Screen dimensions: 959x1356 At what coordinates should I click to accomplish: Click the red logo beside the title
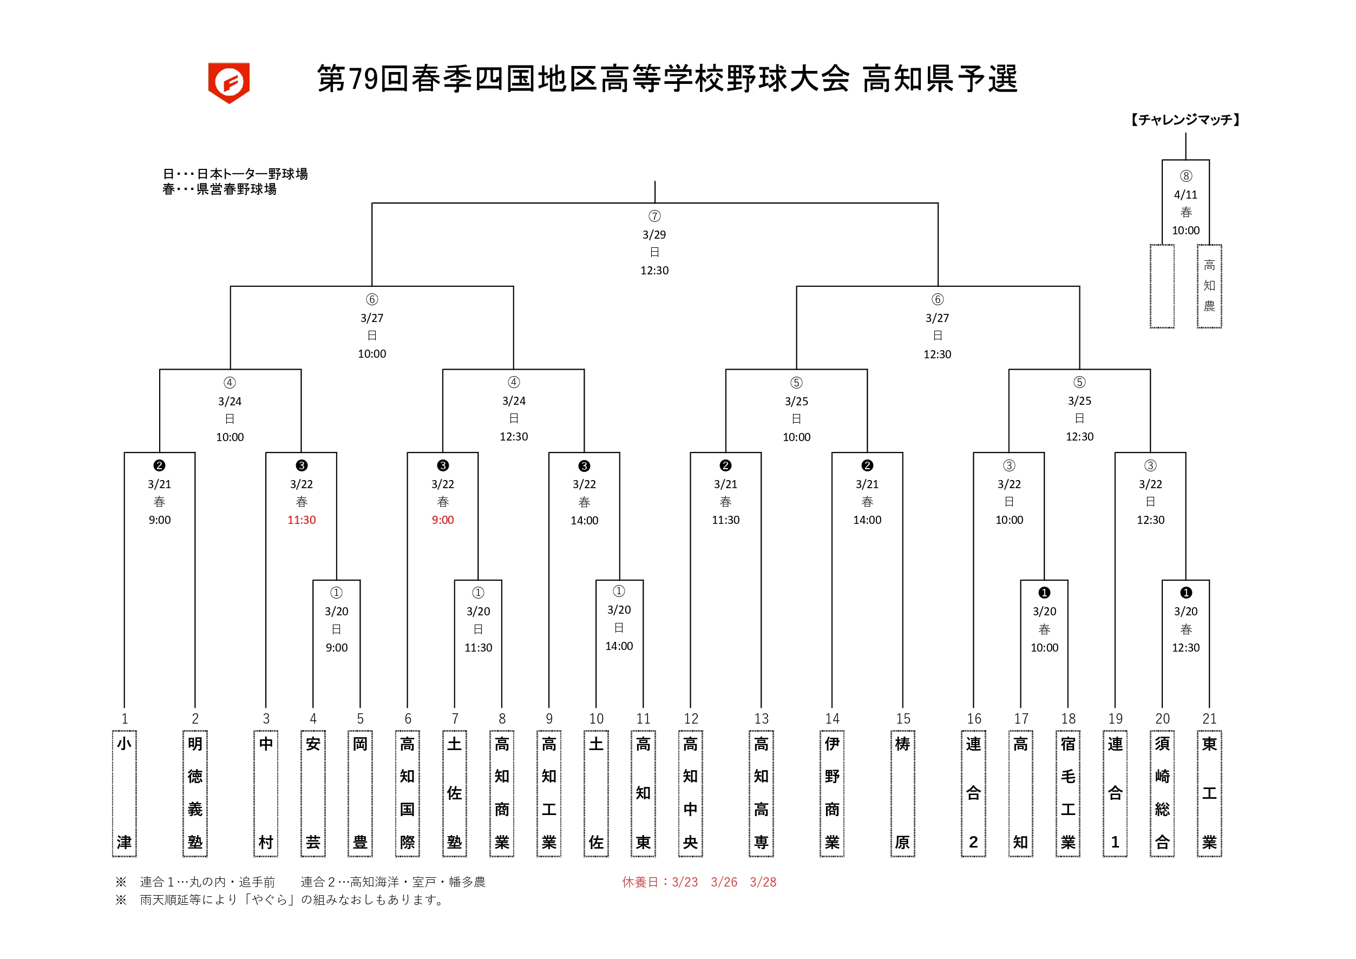click(x=228, y=82)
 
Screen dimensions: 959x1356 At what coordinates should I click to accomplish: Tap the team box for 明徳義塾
click(x=195, y=793)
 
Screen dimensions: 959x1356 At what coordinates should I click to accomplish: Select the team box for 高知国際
click(x=407, y=793)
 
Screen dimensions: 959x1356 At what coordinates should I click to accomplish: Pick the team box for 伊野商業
click(x=831, y=793)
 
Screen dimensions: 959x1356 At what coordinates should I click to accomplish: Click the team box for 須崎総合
click(x=1162, y=793)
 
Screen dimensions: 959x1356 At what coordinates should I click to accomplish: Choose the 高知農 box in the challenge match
click(x=1209, y=286)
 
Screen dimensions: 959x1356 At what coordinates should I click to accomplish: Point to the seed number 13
click(x=761, y=719)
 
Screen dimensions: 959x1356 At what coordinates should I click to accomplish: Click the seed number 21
click(x=1209, y=719)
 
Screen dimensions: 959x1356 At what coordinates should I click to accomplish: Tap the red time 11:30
click(x=301, y=520)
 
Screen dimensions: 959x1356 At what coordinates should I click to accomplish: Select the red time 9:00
click(x=442, y=520)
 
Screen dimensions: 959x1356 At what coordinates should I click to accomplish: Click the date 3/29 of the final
click(x=654, y=234)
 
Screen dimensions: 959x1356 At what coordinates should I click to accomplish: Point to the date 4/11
click(x=1185, y=194)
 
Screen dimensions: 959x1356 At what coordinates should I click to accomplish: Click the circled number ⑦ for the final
click(x=654, y=216)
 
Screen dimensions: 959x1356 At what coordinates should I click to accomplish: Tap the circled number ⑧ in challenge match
click(x=1185, y=176)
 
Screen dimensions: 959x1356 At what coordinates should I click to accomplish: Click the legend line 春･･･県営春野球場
click(x=219, y=189)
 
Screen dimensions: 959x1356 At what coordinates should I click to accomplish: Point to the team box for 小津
click(x=124, y=793)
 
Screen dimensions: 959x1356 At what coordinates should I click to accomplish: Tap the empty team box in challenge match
click(x=1162, y=286)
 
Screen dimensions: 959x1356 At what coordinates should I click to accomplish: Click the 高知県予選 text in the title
click(x=940, y=79)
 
